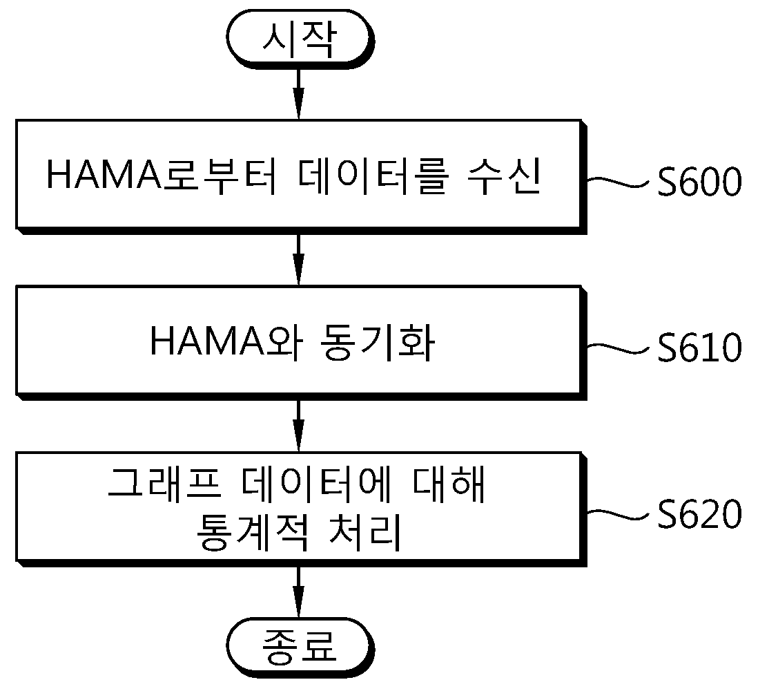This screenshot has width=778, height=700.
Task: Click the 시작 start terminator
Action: (300, 39)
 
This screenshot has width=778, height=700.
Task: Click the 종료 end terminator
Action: (300, 647)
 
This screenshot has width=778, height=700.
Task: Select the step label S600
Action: (699, 181)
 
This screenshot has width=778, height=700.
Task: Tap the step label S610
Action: (699, 348)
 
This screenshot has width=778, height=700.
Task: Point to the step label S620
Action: (699, 514)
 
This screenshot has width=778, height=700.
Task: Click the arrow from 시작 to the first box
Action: (298, 94)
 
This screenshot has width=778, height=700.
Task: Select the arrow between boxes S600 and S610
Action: (298, 260)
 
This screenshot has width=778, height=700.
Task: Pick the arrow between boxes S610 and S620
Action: (298, 426)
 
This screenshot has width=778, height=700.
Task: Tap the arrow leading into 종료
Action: (298, 593)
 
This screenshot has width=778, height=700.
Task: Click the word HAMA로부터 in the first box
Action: (162, 176)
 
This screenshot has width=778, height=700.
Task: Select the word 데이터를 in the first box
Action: (373, 176)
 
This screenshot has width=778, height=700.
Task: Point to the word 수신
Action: (504, 176)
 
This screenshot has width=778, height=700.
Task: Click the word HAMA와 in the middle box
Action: (226, 341)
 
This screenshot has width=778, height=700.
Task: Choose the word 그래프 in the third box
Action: (164, 484)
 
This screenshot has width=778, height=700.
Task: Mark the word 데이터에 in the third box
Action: (317, 484)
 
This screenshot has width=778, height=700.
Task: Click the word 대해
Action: (449, 484)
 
